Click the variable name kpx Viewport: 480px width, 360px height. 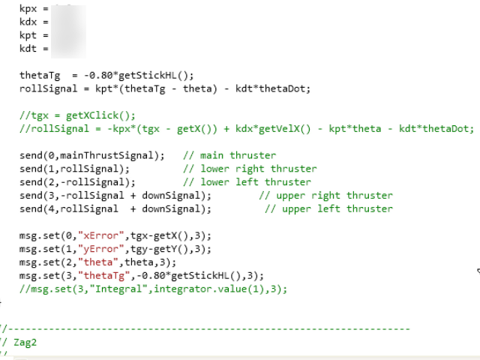point(28,8)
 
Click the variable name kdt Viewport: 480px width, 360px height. point(28,49)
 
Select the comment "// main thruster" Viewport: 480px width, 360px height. point(229,155)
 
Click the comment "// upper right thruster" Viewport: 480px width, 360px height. point(325,196)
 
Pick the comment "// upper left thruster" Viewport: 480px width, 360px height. point(328,209)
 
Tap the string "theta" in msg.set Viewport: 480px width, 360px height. point(95,262)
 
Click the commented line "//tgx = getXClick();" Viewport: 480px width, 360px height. point(77,115)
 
